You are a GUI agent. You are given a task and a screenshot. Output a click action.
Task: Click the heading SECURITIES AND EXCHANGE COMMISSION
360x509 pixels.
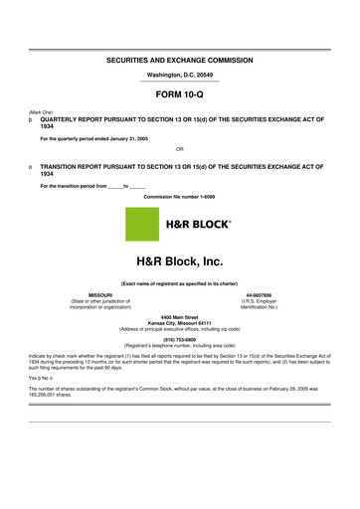[180, 61]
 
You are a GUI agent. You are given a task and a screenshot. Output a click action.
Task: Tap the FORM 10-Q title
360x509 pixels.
[180, 98]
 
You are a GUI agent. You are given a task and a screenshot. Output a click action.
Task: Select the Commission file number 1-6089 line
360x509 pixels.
[180, 197]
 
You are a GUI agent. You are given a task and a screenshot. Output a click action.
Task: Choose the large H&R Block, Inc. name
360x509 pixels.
[180, 262]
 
